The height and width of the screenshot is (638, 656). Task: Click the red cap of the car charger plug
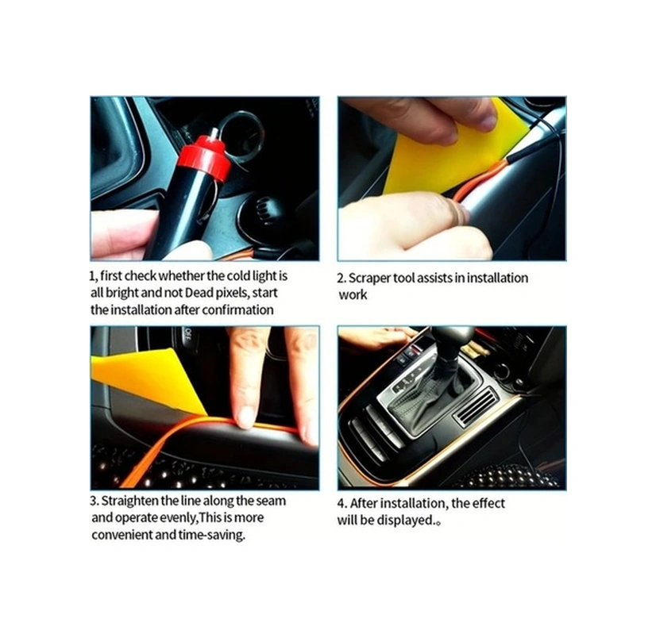(x=203, y=156)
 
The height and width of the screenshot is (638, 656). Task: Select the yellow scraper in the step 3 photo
(x=143, y=378)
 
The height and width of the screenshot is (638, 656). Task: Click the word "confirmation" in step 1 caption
(x=237, y=309)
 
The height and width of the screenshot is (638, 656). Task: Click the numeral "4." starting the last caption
(x=342, y=504)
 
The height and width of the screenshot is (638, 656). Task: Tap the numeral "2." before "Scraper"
(x=342, y=278)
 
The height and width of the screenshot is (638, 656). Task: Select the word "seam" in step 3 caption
(x=272, y=501)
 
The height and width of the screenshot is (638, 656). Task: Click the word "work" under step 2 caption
(x=353, y=294)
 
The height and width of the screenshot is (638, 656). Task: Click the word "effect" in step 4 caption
(x=486, y=504)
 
